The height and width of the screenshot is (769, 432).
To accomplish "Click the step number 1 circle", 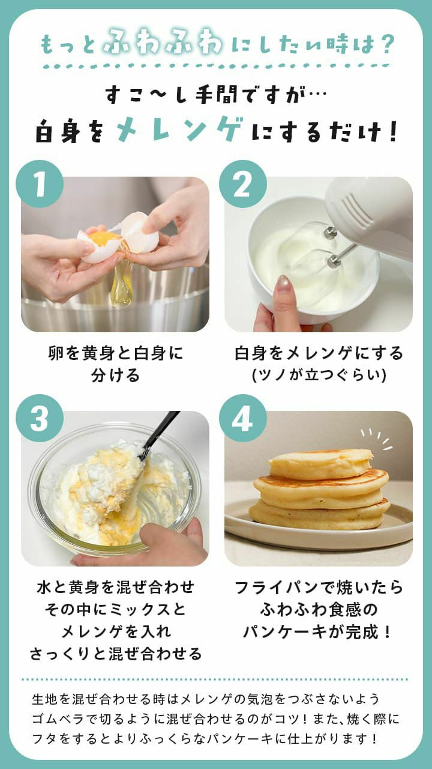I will point(40,184).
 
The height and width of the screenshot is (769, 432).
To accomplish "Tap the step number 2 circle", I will point(242,184).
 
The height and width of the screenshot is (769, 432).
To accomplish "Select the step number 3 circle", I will point(40,418).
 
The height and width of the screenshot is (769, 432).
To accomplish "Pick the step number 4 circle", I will point(242,418).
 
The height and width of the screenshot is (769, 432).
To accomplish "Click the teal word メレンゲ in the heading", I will point(179,130).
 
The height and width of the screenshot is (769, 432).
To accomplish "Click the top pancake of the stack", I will point(320,464).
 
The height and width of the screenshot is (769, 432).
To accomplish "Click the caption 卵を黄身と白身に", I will point(115,353).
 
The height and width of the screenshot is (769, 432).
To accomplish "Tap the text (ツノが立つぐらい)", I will point(318,375).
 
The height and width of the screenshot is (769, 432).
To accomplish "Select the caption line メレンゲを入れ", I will point(115,631).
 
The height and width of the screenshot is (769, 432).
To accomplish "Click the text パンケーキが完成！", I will point(318,631).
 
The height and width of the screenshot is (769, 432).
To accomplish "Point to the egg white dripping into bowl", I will point(121,285).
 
